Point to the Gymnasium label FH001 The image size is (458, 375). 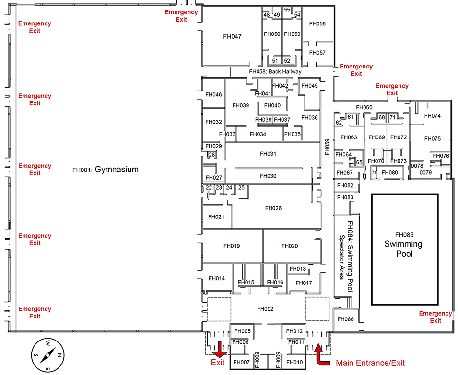coord(106,169)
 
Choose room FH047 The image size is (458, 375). coord(233,36)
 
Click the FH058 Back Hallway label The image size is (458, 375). coord(275,72)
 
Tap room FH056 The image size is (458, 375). coord(317,23)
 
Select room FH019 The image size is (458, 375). coord(232,246)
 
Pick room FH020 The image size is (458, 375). coord(290,246)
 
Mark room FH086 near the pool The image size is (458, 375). coord(345,319)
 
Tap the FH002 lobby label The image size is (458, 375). coord(265,309)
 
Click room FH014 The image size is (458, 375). coord(217,278)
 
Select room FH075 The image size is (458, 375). coord(432,139)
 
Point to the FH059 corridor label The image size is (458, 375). coord(327,148)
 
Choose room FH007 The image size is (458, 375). coord(242,362)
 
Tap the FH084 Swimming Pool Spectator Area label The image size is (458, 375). coord(346,257)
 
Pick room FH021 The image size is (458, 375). coord(216,217)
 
